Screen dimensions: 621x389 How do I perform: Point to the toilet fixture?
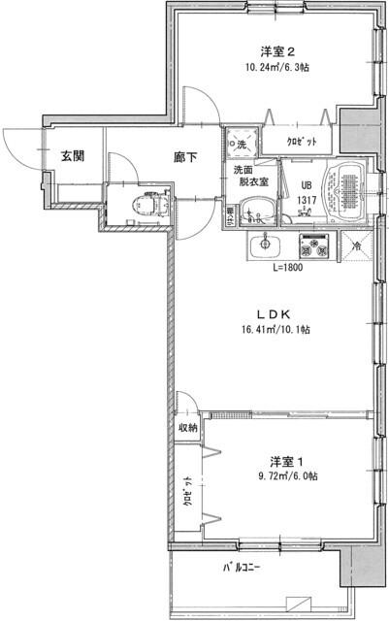point(149,206)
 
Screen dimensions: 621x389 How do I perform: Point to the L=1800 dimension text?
point(287,267)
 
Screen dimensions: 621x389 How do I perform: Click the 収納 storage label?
point(187,427)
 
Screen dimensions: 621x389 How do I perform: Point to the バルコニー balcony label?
point(243,567)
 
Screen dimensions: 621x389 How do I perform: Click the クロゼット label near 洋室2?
point(298,142)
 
